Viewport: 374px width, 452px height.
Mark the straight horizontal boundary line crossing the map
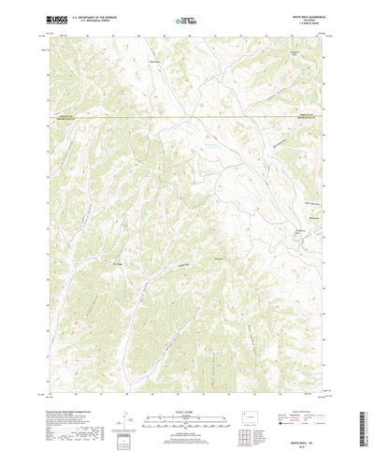(187, 117)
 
